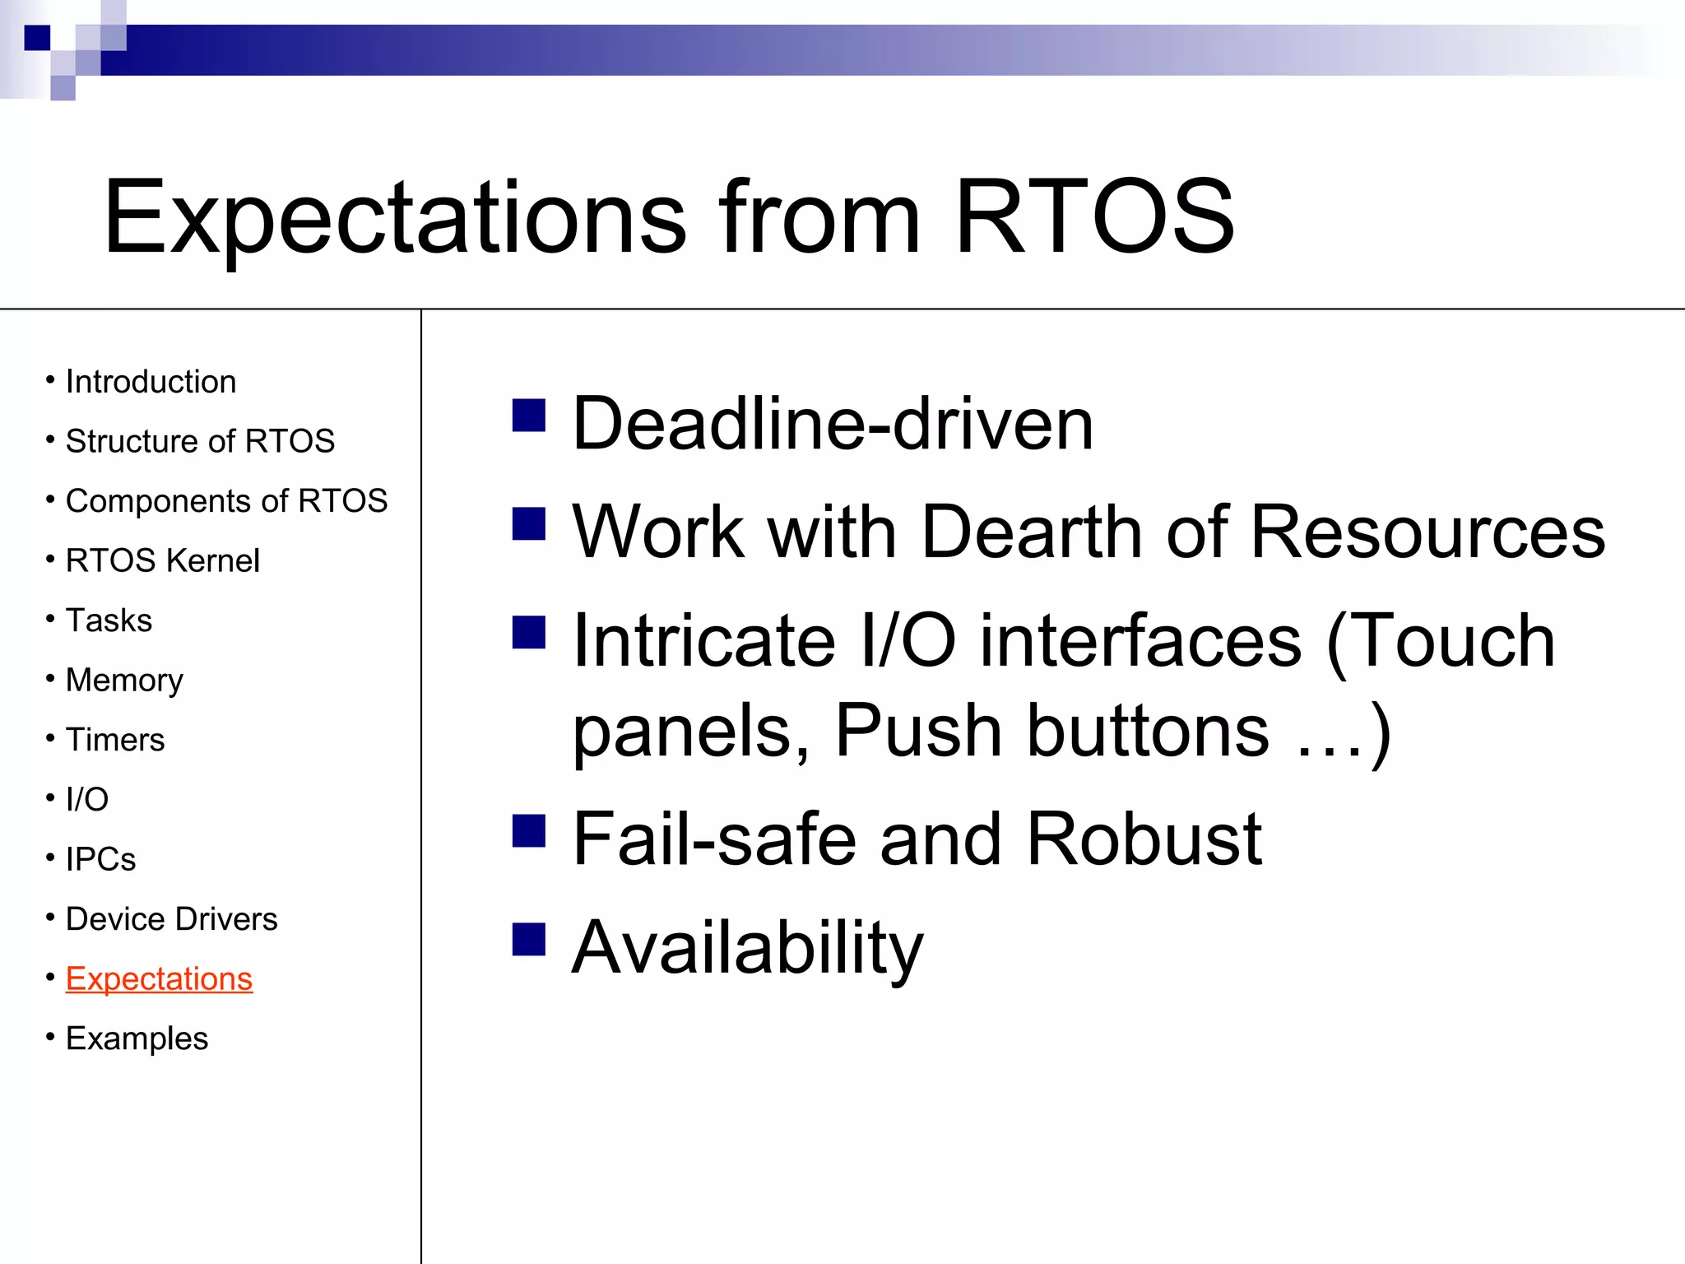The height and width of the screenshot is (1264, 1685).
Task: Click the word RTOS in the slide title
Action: pos(1094,218)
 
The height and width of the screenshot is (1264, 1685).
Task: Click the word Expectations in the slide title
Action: pos(394,218)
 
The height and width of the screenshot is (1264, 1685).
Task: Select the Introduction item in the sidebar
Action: pos(151,382)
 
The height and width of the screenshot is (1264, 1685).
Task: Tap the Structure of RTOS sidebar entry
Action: pos(200,442)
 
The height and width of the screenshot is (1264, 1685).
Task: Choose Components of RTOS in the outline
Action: pos(226,501)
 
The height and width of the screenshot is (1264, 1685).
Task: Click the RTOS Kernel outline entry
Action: pos(162,561)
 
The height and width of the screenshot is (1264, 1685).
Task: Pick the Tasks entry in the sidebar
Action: pos(109,620)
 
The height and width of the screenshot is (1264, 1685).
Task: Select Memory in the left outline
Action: pos(124,681)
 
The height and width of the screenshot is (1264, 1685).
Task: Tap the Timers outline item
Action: pos(115,740)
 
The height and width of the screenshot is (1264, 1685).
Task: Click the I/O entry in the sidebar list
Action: pos(87,800)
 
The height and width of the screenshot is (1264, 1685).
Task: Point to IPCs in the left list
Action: pos(100,859)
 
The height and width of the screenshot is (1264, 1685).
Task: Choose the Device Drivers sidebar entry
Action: pos(171,919)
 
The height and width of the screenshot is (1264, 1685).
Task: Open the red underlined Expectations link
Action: pos(159,979)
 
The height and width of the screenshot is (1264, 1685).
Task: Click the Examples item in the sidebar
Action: pos(137,1039)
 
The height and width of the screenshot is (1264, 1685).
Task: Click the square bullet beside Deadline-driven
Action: pos(528,416)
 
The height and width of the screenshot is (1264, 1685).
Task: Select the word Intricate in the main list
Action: pos(704,641)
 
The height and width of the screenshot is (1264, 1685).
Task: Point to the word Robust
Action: pos(1144,839)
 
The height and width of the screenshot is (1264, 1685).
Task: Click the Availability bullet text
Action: pos(747,948)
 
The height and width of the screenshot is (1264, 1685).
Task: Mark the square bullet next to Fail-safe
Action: pos(528,830)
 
